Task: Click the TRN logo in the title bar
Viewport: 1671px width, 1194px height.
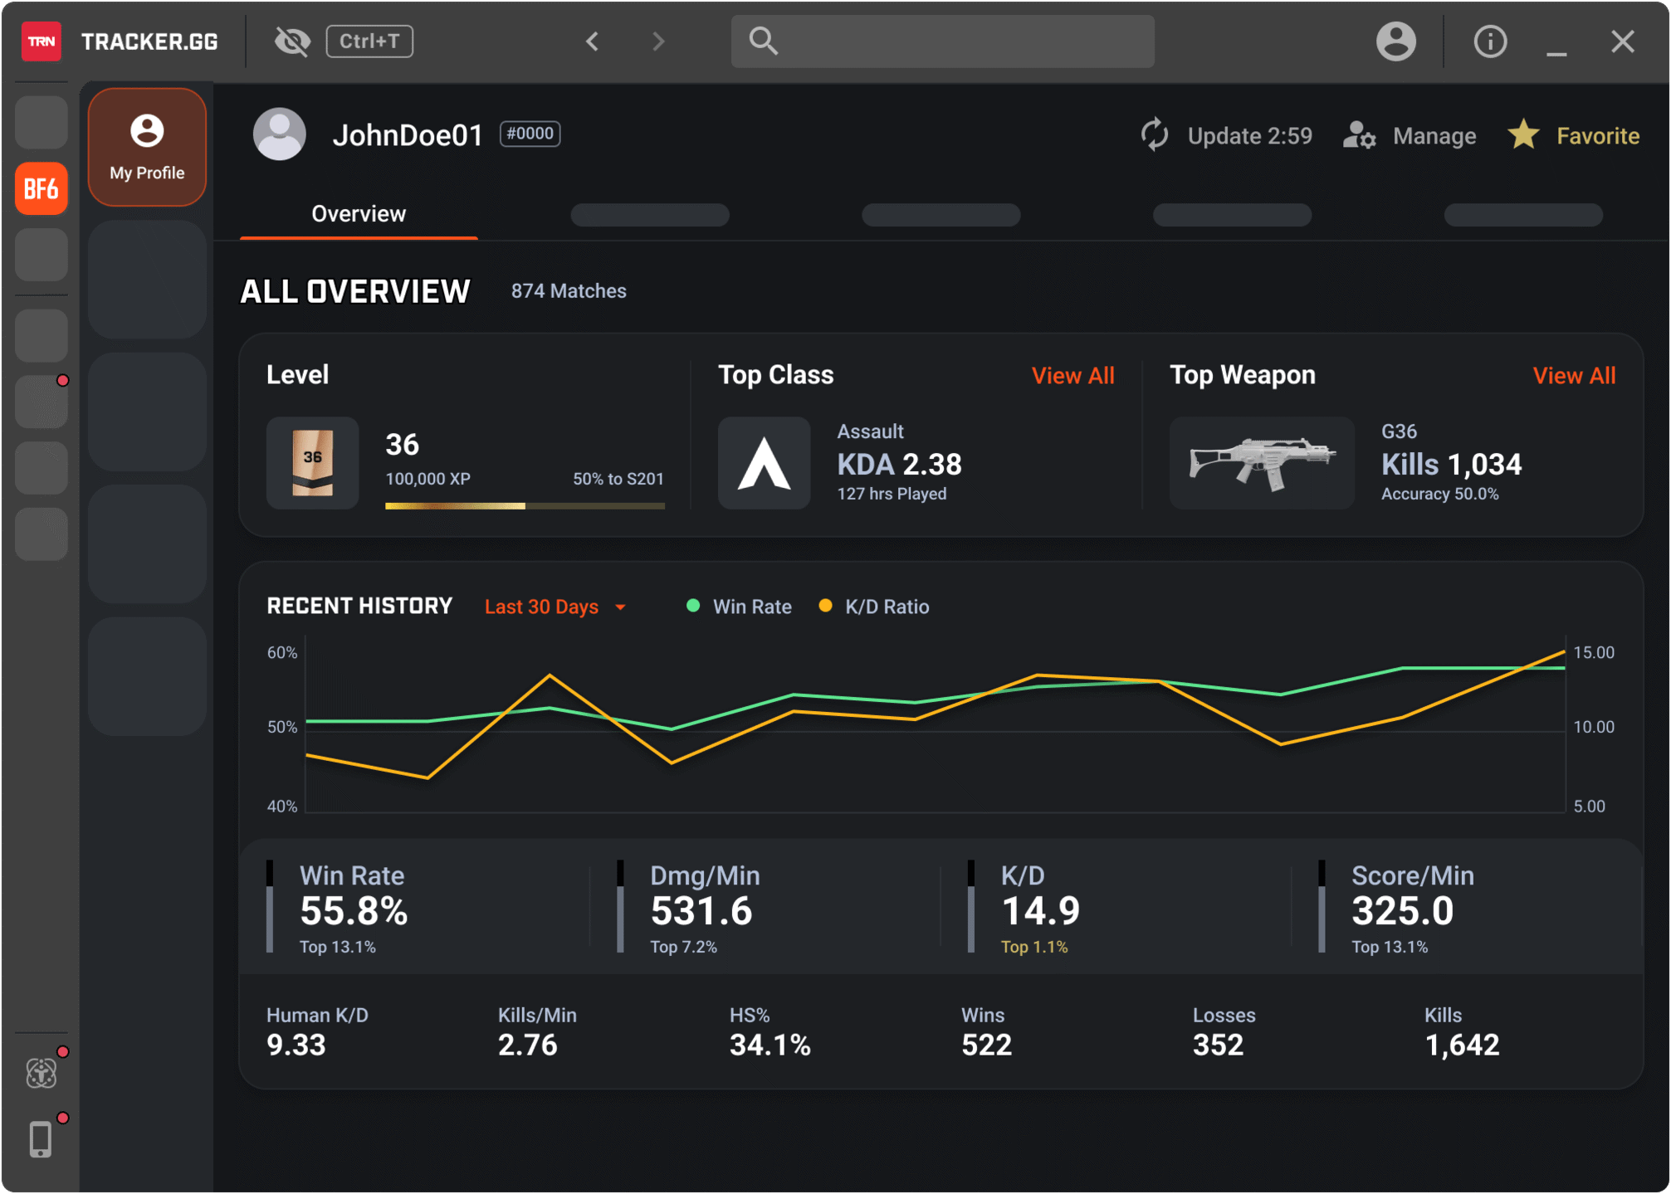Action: [x=41, y=41]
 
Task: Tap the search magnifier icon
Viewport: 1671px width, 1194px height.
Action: [x=762, y=41]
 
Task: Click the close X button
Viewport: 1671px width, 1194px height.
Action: [x=1622, y=41]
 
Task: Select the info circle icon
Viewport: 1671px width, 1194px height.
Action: [x=1489, y=41]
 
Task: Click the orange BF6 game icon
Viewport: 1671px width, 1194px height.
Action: [x=41, y=189]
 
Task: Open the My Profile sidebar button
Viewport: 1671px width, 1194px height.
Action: [x=147, y=147]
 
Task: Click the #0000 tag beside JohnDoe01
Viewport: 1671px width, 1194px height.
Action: [x=530, y=134]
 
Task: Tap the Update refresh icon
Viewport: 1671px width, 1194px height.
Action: [x=1155, y=135]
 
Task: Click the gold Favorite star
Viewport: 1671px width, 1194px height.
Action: [x=1524, y=134]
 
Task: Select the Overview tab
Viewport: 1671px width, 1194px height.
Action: [x=359, y=214]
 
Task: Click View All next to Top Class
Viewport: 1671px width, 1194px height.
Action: [x=1072, y=376]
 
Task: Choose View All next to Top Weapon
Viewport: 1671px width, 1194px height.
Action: [x=1574, y=376]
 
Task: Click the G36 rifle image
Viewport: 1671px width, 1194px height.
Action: [x=1262, y=463]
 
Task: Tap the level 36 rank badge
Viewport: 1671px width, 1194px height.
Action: [x=312, y=463]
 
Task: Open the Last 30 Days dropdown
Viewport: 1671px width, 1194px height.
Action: [x=555, y=607]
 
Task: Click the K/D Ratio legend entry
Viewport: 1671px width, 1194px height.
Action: [x=885, y=607]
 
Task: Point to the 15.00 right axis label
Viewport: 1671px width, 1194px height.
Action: [x=1593, y=653]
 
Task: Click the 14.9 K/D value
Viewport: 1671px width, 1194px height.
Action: [x=1040, y=911]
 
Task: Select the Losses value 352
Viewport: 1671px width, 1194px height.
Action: [x=1218, y=1045]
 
